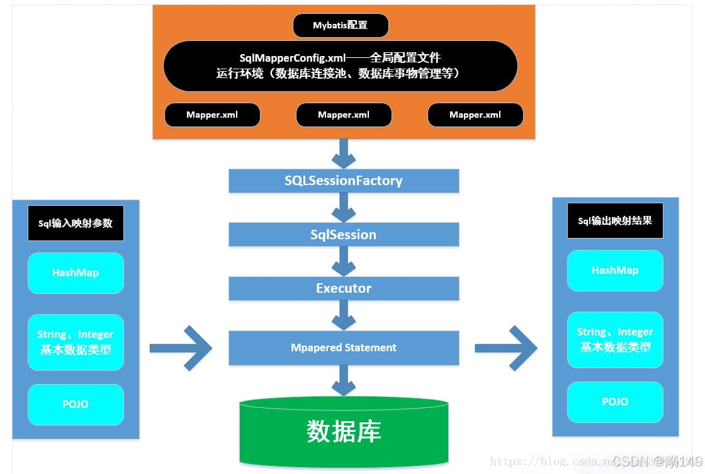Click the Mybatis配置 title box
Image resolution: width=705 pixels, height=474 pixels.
click(x=341, y=26)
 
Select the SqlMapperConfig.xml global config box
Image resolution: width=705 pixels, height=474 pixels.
click(x=341, y=65)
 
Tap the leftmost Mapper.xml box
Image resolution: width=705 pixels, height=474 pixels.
click(x=212, y=115)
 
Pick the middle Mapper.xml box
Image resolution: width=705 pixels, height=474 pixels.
click(x=344, y=115)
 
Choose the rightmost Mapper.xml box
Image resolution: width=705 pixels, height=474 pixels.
click(x=475, y=115)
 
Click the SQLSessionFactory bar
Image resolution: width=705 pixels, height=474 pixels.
click(x=344, y=181)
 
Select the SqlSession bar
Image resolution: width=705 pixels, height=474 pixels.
click(x=344, y=235)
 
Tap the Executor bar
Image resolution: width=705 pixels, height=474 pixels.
click(x=344, y=288)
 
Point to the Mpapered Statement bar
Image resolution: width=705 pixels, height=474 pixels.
click(x=344, y=347)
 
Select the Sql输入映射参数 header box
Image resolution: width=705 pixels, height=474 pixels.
click(x=76, y=223)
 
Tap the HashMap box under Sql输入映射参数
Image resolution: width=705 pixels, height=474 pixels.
click(x=76, y=273)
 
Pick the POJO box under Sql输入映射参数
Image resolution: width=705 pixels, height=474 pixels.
click(x=76, y=404)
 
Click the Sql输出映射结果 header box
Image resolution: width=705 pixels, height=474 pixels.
click(x=615, y=220)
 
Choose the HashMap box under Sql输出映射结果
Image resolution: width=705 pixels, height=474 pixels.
click(x=615, y=271)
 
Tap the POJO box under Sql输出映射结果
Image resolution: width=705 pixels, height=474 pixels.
click(x=615, y=402)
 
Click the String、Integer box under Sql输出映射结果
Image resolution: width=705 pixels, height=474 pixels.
click(x=615, y=339)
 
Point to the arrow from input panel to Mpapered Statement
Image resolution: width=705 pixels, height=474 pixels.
click(x=181, y=347)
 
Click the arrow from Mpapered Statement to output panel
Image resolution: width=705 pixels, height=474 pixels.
click(x=506, y=347)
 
